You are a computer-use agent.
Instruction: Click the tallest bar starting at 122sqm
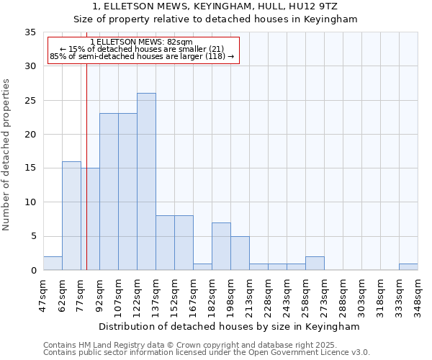[146, 181]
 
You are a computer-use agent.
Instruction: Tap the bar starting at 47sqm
[53, 264]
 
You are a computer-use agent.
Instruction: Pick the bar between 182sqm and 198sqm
[221, 246]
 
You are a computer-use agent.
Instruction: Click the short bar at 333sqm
[408, 267]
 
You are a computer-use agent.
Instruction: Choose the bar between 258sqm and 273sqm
[315, 264]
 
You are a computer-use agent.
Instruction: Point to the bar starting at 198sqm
[240, 253]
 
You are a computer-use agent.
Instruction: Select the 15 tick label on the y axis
[30, 168]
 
